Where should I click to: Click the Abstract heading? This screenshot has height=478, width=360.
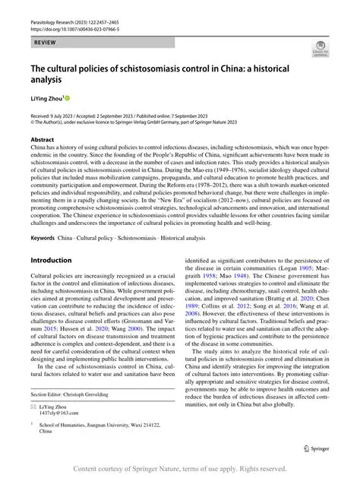tap(42, 141)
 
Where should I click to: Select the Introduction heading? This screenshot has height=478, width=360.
tap(51, 260)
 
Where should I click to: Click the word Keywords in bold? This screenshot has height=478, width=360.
tap(43, 238)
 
